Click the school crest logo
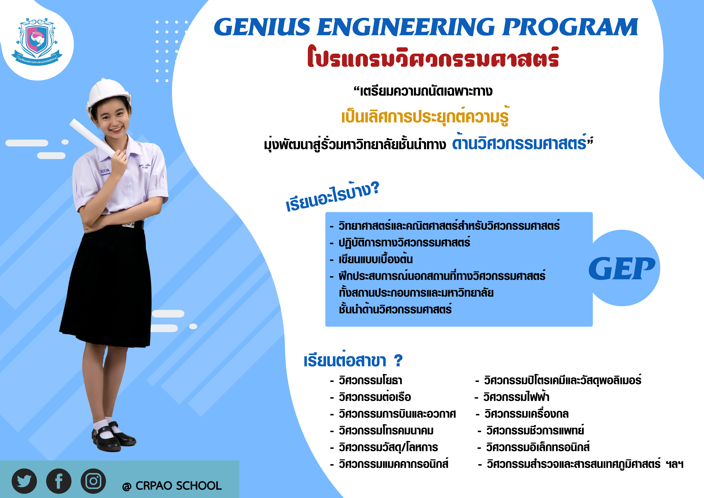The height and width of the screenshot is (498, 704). [37, 41]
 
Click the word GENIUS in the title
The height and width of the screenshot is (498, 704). [262, 27]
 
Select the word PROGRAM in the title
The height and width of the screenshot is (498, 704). [570, 27]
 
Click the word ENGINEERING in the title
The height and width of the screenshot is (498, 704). [406, 27]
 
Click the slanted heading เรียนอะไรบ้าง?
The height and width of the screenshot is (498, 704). [333, 196]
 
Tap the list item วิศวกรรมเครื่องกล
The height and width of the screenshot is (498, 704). [526, 414]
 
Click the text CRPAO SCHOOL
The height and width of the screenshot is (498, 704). [178, 486]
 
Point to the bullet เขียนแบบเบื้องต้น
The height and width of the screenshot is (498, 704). [376, 259]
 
